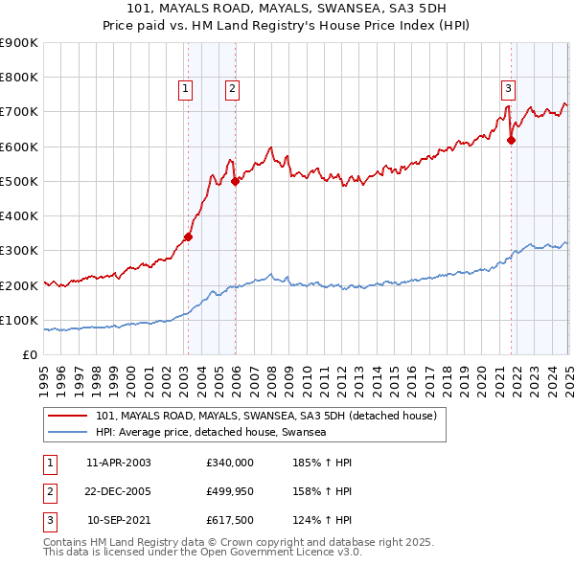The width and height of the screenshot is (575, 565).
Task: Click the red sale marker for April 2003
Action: click(x=188, y=237)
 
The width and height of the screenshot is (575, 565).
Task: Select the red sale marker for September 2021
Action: click(x=511, y=140)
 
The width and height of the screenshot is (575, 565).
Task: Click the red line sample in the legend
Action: click(x=67, y=416)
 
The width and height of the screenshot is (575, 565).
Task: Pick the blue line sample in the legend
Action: click(x=67, y=433)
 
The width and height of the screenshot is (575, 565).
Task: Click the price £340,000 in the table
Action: click(x=229, y=463)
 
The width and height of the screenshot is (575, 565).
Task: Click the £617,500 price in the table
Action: click(x=229, y=522)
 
